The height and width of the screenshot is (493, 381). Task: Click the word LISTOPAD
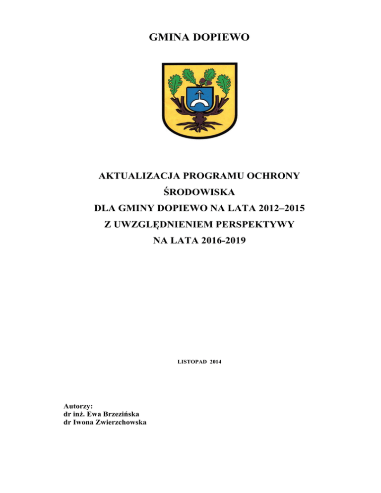coord(191,363)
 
